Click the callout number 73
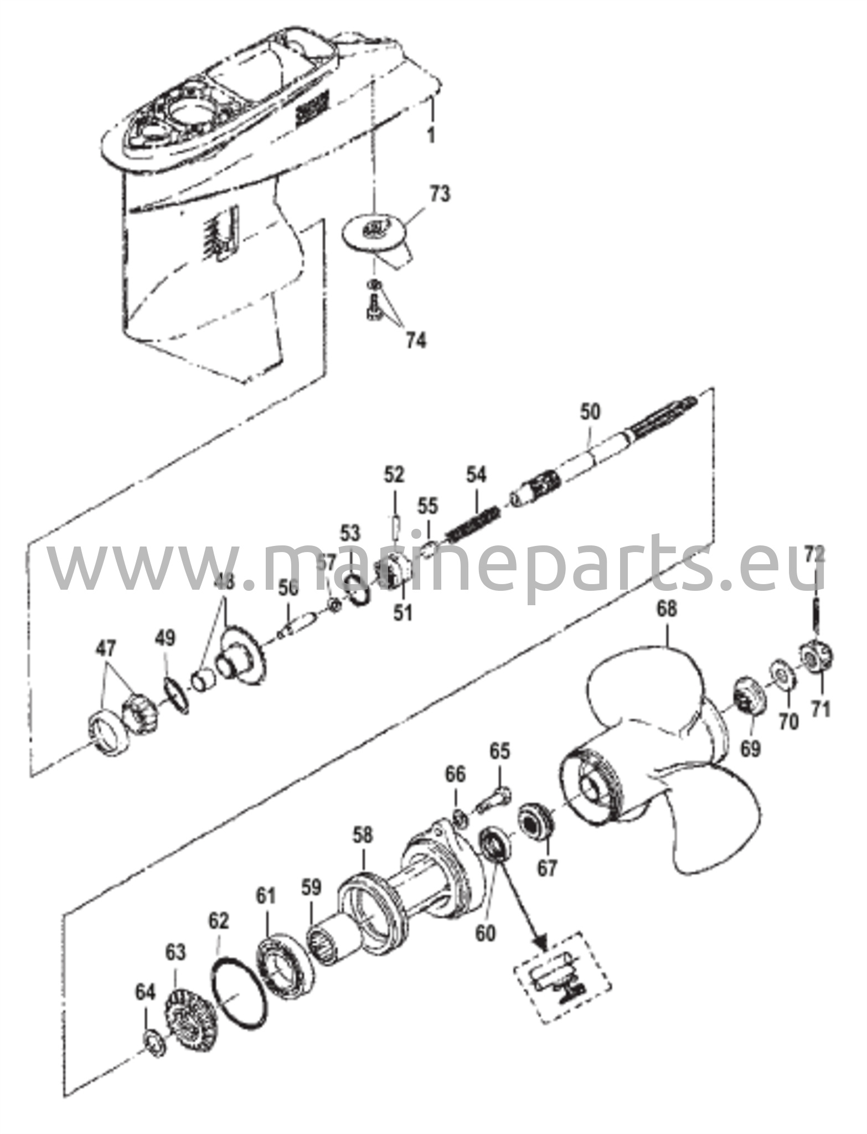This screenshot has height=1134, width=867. click(439, 195)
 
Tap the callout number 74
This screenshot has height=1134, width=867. click(415, 341)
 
